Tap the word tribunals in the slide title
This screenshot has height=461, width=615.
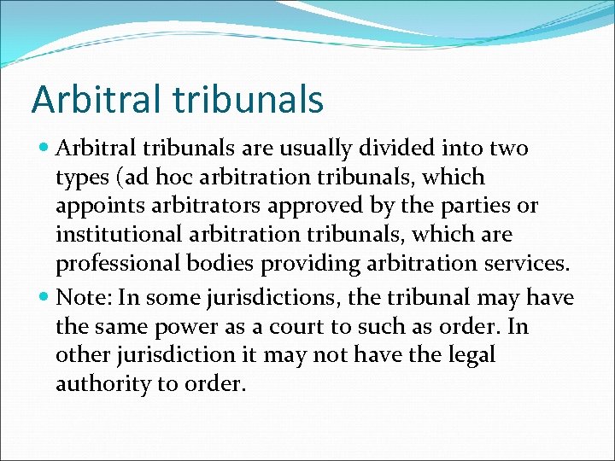[x=248, y=99]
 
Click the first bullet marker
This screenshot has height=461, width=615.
[x=44, y=149]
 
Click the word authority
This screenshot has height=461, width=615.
[x=102, y=384]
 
